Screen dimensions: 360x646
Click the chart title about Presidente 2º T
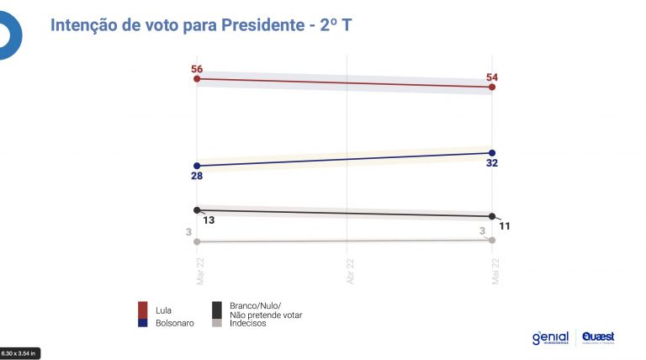coord(201,25)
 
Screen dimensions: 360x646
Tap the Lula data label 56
coord(197,69)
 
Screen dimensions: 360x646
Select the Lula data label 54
coord(492,77)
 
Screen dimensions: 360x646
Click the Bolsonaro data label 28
coord(197,177)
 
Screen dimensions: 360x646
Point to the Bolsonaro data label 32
coord(493,163)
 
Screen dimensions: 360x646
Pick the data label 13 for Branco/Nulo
coord(208,220)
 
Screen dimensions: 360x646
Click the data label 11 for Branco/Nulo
coord(505,226)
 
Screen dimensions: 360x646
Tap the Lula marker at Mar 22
coord(197,79)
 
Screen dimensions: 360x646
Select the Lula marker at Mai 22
coord(492,87)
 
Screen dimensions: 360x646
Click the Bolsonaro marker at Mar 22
coord(197,166)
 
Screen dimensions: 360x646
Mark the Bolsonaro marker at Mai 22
coord(492,152)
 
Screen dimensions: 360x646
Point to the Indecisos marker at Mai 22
coord(492,241)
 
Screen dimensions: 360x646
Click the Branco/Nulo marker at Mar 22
coord(197,210)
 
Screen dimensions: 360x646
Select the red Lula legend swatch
coord(144,308)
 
